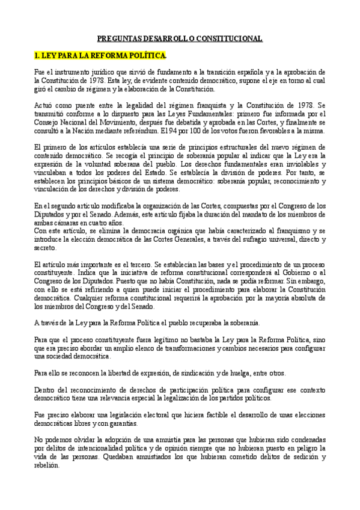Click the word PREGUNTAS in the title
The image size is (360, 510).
point(117,38)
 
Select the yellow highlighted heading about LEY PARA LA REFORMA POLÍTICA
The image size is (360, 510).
point(100,56)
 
